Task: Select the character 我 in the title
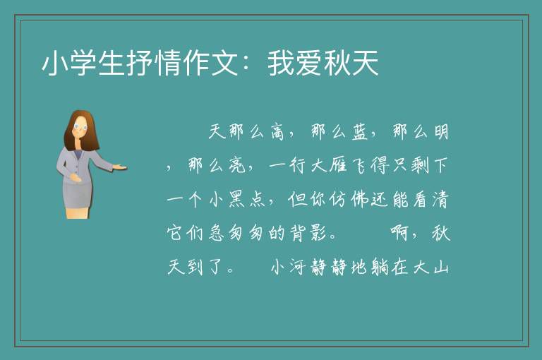pyautogui.click(x=281, y=63)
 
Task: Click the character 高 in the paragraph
pyautogui.click(x=277, y=132)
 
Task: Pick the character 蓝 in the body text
pyautogui.click(x=359, y=132)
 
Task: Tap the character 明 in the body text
pyautogui.click(x=441, y=132)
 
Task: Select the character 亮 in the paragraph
pyautogui.click(x=237, y=166)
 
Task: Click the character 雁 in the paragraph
pyautogui.click(x=338, y=166)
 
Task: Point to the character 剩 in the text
pyautogui.click(x=421, y=166)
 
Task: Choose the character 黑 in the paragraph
pyautogui.click(x=237, y=200)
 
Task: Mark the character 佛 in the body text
pyautogui.click(x=359, y=200)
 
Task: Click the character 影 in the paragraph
pyautogui.click(x=318, y=233)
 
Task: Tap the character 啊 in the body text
pyautogui.click(x=400, y=233)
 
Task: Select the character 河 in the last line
pyautogui.click(x=297, y=267)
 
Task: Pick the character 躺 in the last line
pyautogui.click(x=380, y=267)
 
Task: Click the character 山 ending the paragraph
pyautogui.click(x=441, y=267)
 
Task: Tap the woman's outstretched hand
pyautogui.click(x=119, y=167)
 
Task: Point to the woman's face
pyautogui.click(x=80, y=128)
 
